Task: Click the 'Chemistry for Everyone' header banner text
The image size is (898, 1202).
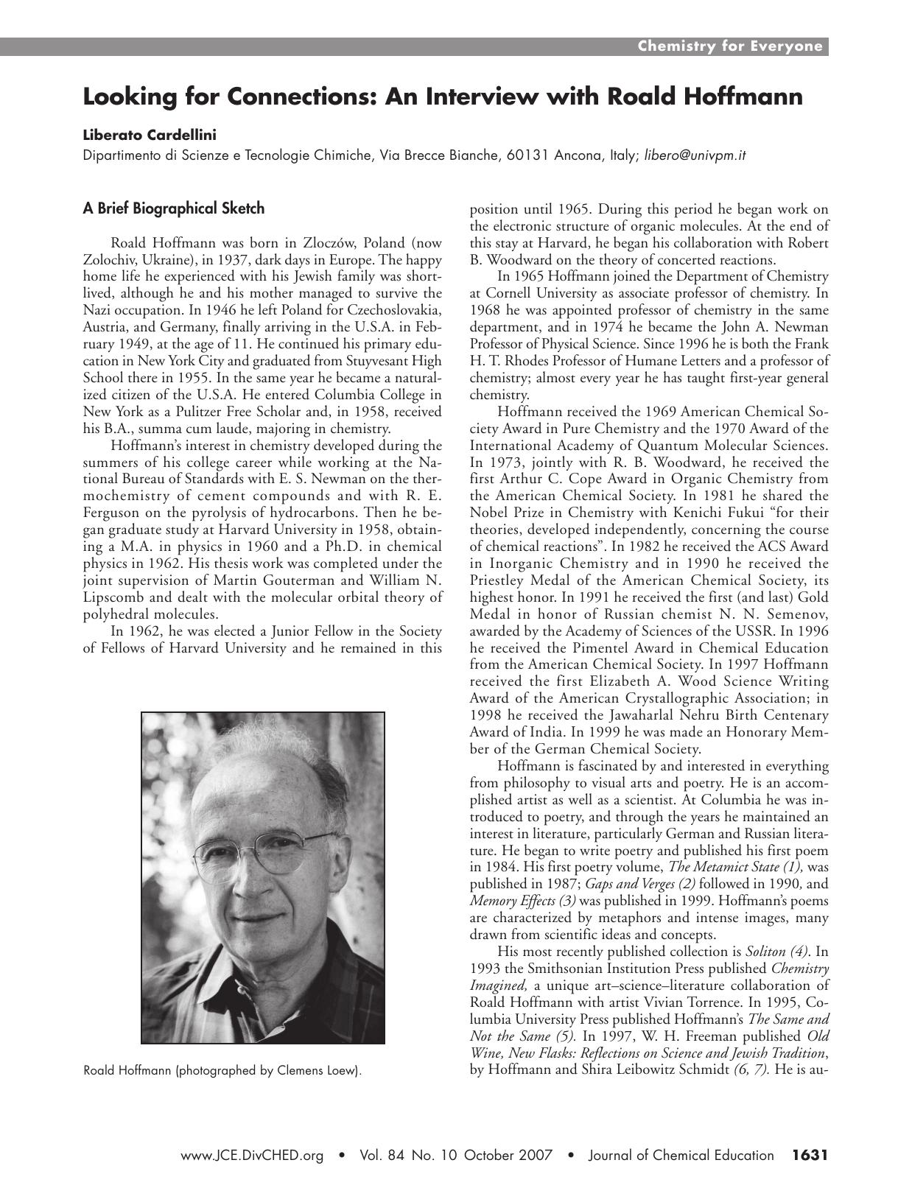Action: [729, 46]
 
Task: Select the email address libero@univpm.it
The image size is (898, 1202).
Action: [695, 155]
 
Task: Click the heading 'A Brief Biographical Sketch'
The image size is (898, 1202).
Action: [173, 208]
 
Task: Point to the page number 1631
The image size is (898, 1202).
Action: [810, 1156]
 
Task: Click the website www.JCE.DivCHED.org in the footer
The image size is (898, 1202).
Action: [253, 1156]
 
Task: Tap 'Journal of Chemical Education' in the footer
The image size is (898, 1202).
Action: [681, 1156]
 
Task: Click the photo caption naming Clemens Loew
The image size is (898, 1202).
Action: [223, 1070]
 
